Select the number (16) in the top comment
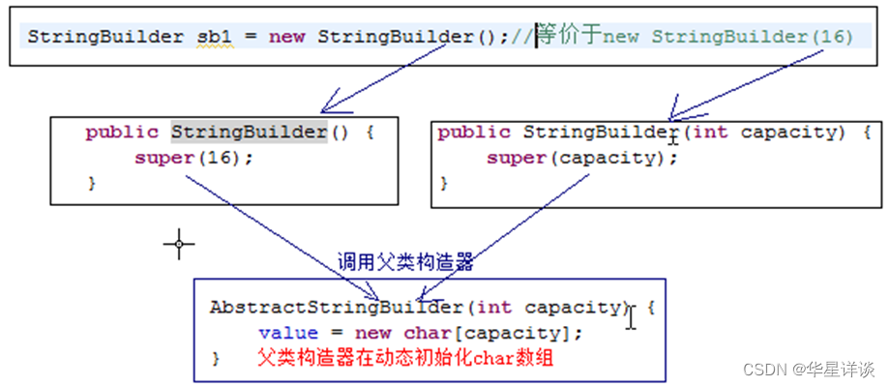pyautogui.click(x=832, y=38)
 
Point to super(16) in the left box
pyautogui.click(x=193, y=157)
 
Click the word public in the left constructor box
pyautogui.click(x=121, y=132)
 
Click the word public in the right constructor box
pyautogui.click(x=474, y=132)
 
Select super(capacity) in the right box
pyautogui.click(x=577, y=157)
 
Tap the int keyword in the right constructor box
pyautogui.click(x=711, y=132)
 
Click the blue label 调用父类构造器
pyautogui.click(x=405, y=261)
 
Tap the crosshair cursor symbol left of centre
pyautogui.click(x=179, y=245)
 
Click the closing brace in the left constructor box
pyautogui.click(x=93, y=182)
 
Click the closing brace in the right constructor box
pyautogui.click(x=446, y=182)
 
